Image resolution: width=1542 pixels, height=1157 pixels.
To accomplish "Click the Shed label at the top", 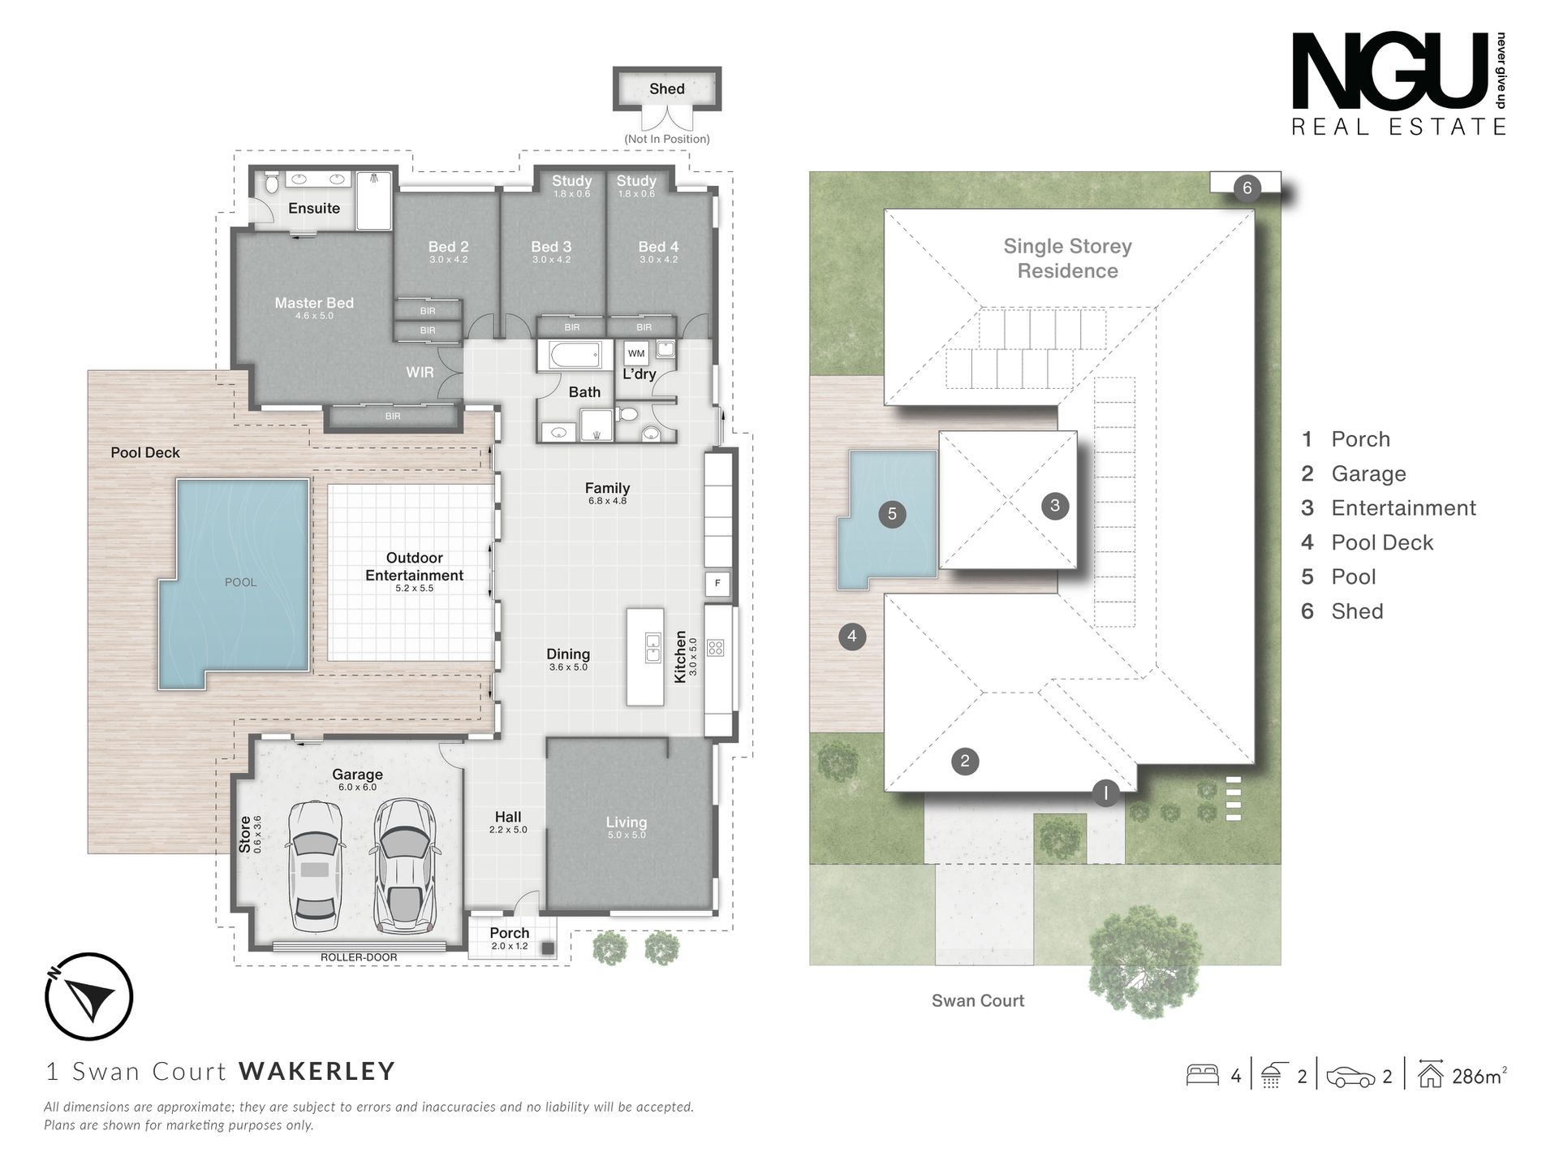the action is pos(666,89).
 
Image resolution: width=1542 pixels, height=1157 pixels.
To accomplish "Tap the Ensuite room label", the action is pos(314,209).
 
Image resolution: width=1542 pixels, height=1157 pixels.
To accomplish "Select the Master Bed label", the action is pos(314,303).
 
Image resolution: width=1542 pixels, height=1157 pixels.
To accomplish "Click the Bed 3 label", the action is pos(551,247).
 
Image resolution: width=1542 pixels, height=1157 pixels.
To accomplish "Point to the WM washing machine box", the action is pos(636,353).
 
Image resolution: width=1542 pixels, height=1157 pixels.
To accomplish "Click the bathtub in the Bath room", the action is pos(575,355).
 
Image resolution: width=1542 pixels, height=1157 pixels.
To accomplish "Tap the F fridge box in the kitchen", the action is pos(717,583).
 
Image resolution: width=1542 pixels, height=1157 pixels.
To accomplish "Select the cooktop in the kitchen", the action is pos(715,648).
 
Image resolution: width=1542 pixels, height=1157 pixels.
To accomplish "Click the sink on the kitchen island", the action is pos(652,647).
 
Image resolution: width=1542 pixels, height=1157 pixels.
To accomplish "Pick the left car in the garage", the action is pos(315,866).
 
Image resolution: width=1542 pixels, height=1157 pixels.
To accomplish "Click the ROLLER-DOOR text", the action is pos(359,957).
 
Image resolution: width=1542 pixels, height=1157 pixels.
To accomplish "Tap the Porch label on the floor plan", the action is pos(509,933).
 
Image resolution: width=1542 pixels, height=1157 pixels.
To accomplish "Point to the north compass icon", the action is pos(88,996).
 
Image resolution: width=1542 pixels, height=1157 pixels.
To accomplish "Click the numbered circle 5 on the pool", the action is pos(892,513).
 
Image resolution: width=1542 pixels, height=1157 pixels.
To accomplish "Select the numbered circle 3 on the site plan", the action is pos(1054,505).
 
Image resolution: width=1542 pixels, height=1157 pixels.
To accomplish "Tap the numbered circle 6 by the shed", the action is pos(1247,188).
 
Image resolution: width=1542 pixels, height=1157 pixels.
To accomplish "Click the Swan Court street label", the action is pos(978,1001).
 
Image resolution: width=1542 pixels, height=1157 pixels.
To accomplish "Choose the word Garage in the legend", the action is pos(1368,473).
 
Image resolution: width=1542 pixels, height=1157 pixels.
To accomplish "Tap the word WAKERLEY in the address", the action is pos(317,1071).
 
